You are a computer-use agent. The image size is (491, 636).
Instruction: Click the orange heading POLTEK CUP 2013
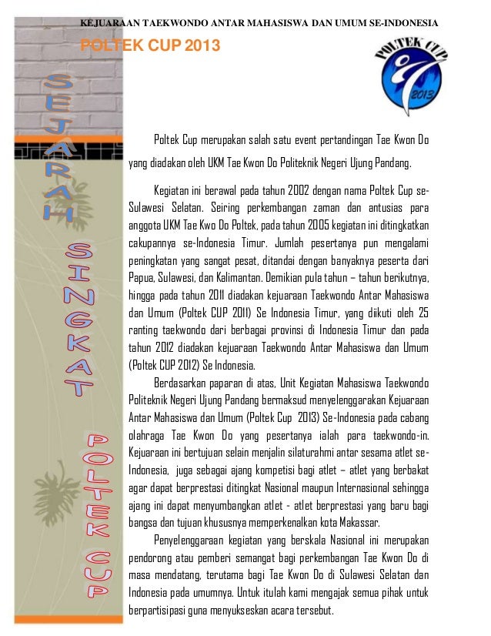coord(145,47)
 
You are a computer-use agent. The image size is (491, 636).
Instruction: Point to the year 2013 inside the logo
coord(423,92)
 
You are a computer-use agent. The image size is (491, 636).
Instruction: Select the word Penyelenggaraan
coord(195,537)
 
